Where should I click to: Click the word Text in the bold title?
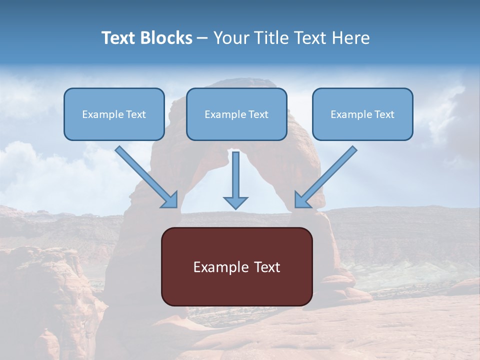(118, 38)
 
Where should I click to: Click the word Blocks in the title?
(165, 38)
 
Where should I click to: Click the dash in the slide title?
(202, 39)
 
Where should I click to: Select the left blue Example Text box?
(114, 114)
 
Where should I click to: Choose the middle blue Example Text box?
(236, 114)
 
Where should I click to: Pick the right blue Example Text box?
(363, 114)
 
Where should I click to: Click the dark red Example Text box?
(237, 266)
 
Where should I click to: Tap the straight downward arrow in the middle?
(235, 180)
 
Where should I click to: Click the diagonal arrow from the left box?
(146, 177)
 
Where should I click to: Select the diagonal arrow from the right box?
(325, 177)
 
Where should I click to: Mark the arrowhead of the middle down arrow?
(235, 202)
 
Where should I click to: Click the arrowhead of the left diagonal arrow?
(171, 201)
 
